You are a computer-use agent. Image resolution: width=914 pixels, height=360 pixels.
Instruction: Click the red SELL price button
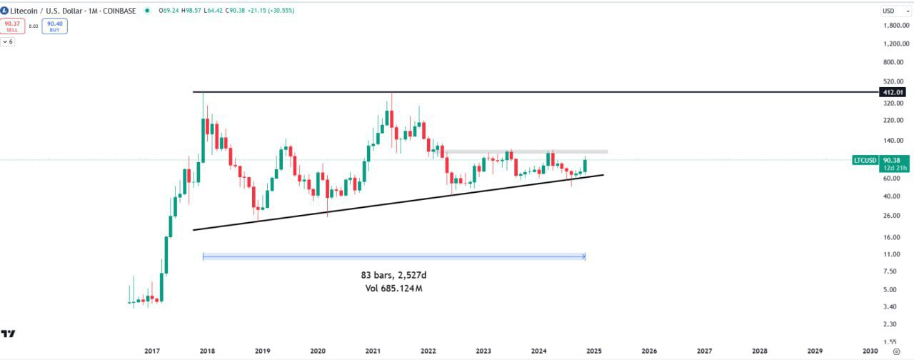(12, 26)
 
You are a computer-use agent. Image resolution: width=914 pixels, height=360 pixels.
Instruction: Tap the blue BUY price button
(54, 26)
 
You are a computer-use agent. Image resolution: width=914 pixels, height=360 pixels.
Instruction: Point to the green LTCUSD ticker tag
(865, 160)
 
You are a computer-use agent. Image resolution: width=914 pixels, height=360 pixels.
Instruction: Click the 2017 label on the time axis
(151, 351)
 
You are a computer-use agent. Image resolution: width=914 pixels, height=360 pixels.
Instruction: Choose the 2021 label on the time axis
(372, 351)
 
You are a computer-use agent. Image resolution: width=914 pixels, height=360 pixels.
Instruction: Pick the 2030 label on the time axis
(870, 351)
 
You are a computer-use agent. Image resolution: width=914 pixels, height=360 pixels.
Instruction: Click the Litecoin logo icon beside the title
(5, 11)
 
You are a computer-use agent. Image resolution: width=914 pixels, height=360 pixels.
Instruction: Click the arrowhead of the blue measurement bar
(583, 256)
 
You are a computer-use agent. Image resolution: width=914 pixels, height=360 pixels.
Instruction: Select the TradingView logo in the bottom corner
(9, 334)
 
